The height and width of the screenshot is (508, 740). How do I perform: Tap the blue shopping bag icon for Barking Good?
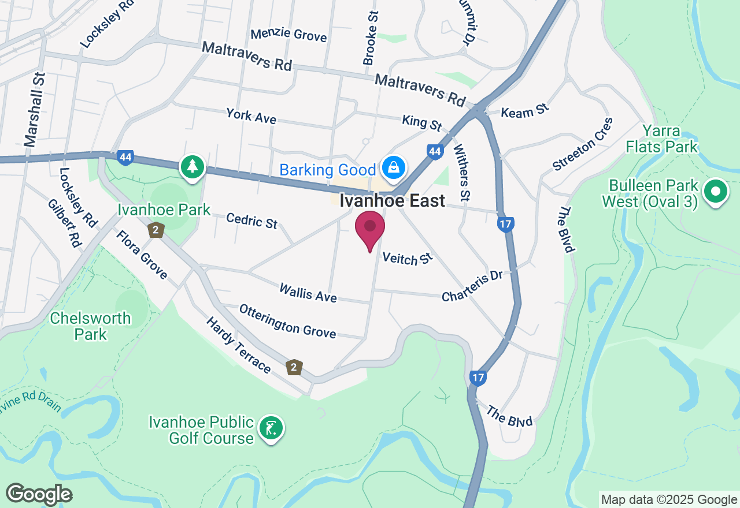pos(394,169)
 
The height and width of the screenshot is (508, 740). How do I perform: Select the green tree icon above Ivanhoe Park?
pos(192,167)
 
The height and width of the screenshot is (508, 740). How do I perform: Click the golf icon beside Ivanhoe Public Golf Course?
pos(272,428)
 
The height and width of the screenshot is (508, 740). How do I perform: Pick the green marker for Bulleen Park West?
pos(715,192)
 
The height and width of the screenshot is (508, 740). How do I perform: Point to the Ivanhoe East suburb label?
pos(392,200)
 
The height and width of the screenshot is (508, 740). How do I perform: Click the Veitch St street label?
pos(408,259)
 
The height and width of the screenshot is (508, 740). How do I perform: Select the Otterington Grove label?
pos(287,321)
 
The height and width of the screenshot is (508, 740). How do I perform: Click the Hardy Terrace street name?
pos(238,345)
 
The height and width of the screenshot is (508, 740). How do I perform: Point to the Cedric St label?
pos(251,220)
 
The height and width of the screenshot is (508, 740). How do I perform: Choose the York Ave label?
pos(251,116)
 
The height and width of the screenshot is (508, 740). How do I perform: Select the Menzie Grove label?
pos(288,34)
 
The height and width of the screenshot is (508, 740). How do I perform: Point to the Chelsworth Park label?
pos(90,326)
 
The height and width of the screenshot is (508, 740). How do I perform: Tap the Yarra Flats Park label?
pos(661,139)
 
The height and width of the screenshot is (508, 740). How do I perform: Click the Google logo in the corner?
pos(39,494)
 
